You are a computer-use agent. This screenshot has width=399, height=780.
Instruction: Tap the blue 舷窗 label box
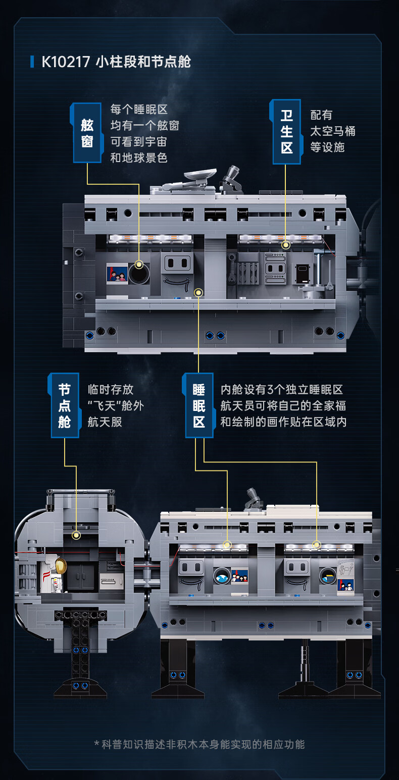click(87, 133)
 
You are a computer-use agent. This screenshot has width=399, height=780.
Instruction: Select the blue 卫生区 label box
click(286, 132)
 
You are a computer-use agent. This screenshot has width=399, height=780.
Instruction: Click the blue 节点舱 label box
click(65, 405)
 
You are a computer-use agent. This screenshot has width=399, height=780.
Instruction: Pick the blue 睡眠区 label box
click(199, 405)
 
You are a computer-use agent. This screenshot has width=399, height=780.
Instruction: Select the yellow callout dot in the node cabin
click(76, 535)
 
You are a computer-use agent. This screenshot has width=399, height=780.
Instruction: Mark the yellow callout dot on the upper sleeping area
click(198, 292)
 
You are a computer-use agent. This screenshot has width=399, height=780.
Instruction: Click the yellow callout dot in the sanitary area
click(286, 245)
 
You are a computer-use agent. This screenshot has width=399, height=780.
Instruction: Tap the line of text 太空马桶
click(332, 131)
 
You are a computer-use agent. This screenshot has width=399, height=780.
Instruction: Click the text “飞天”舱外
click(115, 405)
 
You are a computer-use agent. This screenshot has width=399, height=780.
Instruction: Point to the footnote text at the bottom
click(199, 744)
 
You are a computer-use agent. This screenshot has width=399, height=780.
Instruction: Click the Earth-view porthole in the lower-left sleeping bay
click(222, 576)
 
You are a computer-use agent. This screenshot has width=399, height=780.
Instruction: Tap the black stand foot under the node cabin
click(80, 687)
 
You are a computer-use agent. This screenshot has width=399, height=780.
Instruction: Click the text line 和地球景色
click(138, 158)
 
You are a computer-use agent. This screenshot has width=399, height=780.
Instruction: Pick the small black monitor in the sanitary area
click(303, 273)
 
